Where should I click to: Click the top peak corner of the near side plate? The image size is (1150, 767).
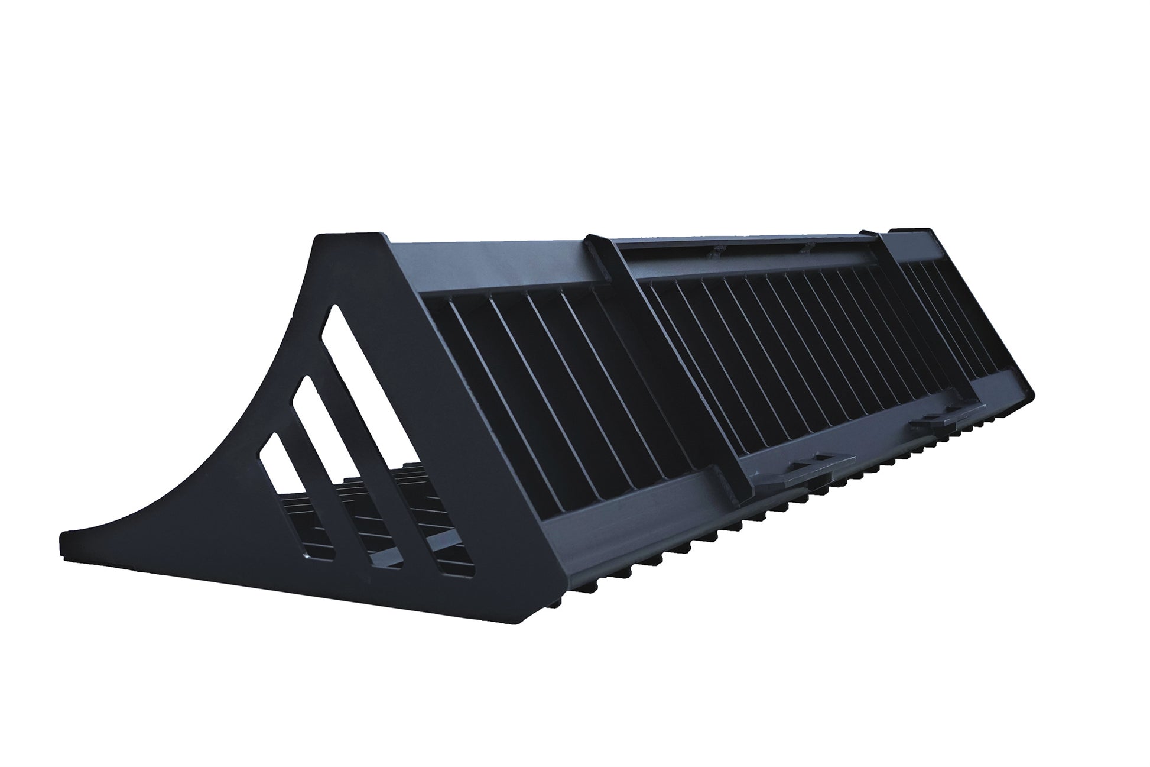click(x=322, y=237)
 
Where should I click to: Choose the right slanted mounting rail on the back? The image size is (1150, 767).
click(x=946, y=308)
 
